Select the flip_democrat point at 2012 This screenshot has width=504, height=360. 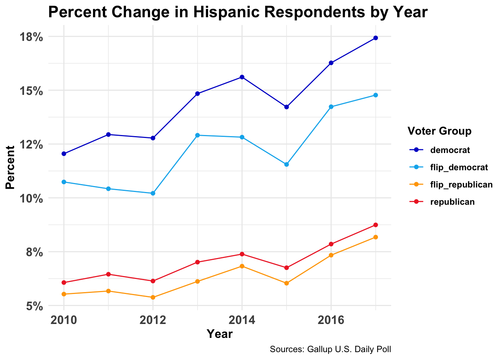[153, 193]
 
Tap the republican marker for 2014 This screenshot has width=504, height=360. [242, 254]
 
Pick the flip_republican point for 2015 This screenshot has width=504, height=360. [286, 283]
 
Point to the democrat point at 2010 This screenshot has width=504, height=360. [64, 154]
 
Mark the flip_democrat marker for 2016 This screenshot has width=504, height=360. [331, 107]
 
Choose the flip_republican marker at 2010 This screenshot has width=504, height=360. [64, 294]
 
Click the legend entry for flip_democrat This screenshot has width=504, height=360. [459, 167]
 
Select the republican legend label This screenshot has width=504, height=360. [452, 202]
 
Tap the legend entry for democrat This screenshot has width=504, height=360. [450, 150]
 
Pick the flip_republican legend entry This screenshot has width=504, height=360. [461, 184]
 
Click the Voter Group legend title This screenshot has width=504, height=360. [439, 131]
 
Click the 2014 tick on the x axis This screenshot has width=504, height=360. [242, 320]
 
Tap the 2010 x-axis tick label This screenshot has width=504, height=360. [64, 320]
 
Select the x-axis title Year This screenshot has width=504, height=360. [220, 334]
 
